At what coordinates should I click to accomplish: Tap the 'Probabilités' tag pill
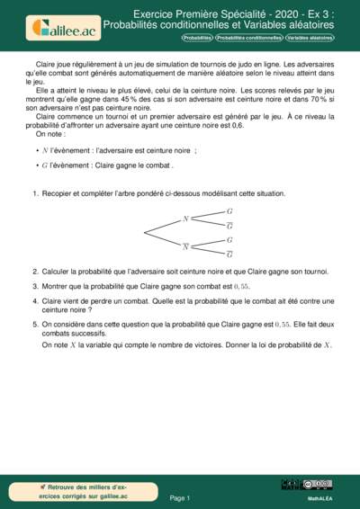(x=197, y=40)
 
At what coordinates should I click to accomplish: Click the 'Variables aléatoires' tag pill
(x=309, y=40)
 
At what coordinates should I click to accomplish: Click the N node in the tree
(x=185, y=219)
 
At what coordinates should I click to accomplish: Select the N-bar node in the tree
(x=185, y=246)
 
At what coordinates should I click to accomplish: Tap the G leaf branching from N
(x=229, y=211)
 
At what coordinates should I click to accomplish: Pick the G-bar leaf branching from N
(x=229, y=226)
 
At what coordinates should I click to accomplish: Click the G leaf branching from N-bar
(x=229, y=240)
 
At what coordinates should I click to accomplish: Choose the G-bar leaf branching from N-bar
(x=229, y=254)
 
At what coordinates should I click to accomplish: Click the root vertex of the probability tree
(x=145, y=232)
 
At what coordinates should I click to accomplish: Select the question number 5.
(x=34, y=324)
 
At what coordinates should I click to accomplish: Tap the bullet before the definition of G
(x=37, y=166)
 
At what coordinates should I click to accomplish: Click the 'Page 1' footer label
(x=179, y=497)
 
